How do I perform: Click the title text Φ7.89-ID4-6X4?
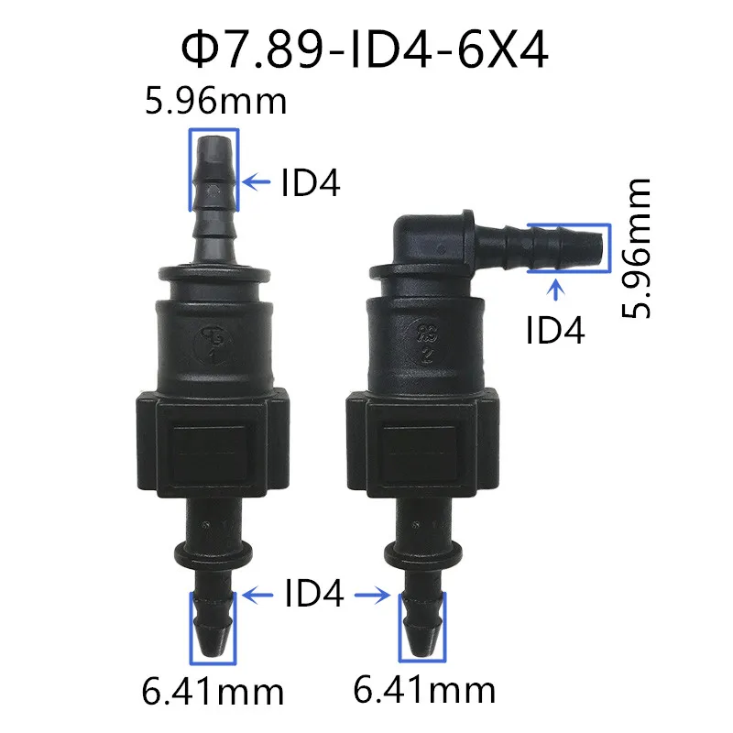click(365, 50)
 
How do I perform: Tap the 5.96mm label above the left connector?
click(215, 101)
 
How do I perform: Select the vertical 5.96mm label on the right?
click(636, 247)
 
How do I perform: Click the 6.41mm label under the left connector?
click(213, 692)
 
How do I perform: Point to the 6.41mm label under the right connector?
click(424, 690)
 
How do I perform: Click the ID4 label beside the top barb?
click(310, 182)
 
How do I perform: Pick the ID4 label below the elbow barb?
click(555, 330)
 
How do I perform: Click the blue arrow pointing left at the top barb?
click(257, 181)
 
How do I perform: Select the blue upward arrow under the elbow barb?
click(555, 290)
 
